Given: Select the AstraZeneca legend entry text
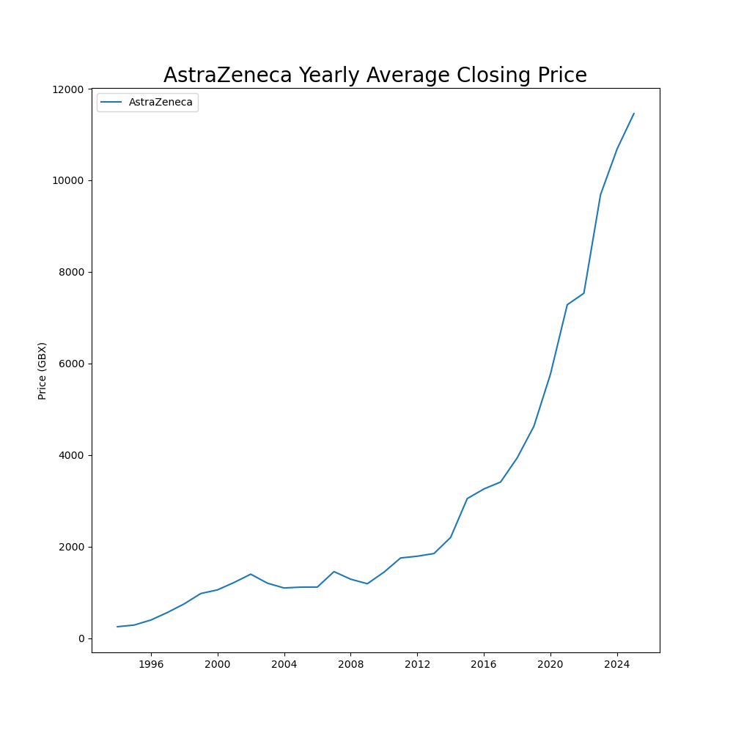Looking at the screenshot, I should click(161, 103).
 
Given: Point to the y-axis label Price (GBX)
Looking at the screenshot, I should click(43, 371).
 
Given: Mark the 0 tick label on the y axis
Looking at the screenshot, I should click(81, 638).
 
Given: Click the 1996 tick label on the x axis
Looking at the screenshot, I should click(151, 665).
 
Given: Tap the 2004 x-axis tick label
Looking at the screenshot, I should click(284, 665).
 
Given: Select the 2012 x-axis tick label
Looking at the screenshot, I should click(417, 665).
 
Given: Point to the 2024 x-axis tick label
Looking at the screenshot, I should click(617, 665).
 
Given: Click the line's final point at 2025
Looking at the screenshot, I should click(634, 114).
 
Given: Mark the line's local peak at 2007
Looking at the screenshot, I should click(334, 572).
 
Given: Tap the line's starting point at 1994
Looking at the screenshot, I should click(117, 627).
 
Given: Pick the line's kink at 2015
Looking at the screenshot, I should click(467, 498).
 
